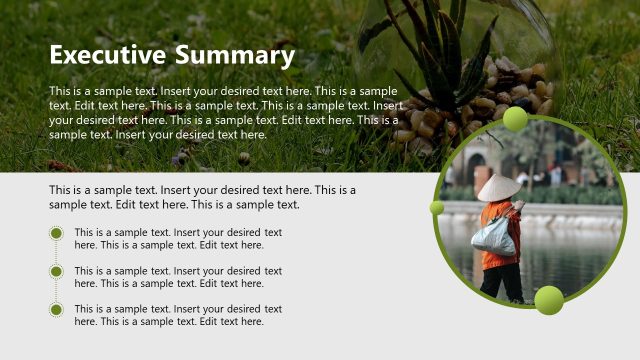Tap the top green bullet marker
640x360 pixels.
[x=56, y=235]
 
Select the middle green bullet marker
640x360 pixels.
[x=56, y=271]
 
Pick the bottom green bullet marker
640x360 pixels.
[x=56, y=309]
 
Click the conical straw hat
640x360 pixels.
[x=498, y=188]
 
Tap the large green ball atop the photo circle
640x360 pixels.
[x=515, y=119]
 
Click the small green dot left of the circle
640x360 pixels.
[x=437, y=208]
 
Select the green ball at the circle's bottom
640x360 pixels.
[x=548, y=299]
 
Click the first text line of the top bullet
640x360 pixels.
[x=178, y=232]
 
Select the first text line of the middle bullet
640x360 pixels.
[x=178, y=270]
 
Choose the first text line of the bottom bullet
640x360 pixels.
[x=178, y=309]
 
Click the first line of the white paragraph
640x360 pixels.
[x=223, y=91]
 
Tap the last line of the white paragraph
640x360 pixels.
[x=158, y=134]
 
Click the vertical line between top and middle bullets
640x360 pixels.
[x=56, y=253]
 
